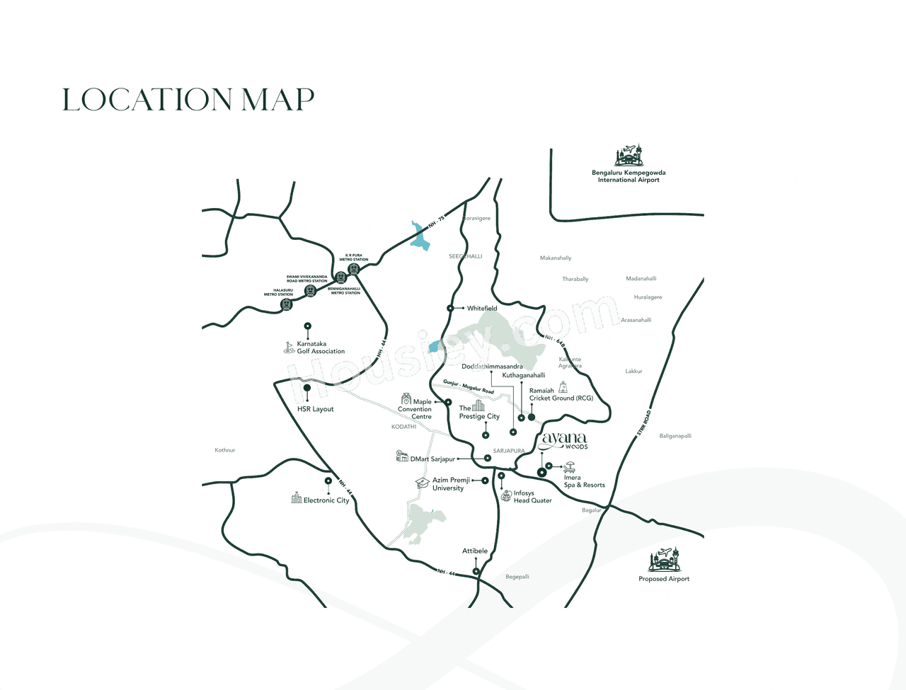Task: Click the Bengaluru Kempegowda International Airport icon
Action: (x=629, y=156)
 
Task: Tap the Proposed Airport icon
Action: (x=664, y=560)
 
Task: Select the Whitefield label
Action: (x=482, y=309)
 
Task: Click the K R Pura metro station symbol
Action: (x=354, y=269)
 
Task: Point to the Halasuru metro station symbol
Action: (x=286, y=304)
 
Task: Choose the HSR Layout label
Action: (x=315, y=409)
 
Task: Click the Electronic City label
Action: (x=326, y=500)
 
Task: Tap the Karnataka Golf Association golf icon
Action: (x=289, y=347)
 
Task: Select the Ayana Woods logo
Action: (x=564, y=440)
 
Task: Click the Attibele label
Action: (x=475, y=551)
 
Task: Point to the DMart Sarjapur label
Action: (x=432, y=459)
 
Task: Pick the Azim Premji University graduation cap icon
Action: (x=423, y=483)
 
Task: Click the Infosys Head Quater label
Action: (x=532, y=497)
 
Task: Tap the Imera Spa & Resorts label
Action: (x=584, y=481)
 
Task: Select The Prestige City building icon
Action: (x=478, y=405)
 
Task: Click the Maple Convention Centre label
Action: (x=415, y=409)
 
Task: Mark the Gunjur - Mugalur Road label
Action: (x=469, y=386)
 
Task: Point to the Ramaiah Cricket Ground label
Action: (x=561, y=394)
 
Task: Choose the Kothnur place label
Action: (x=225, y=450)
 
